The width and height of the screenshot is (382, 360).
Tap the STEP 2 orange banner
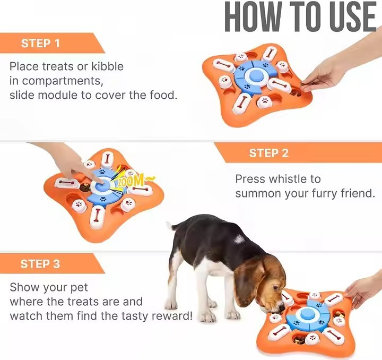[271, 153]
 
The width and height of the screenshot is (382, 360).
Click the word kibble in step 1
[104, 67]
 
